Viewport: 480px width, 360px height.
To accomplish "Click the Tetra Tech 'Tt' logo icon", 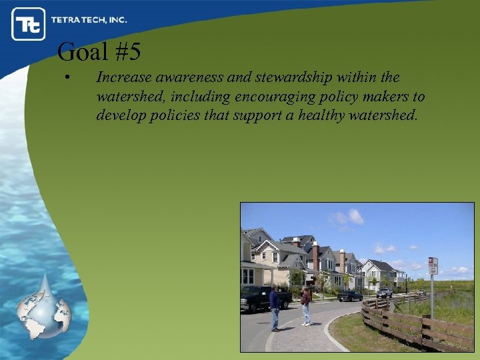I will point(28,24).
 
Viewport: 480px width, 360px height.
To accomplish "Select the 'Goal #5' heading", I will point(99,51).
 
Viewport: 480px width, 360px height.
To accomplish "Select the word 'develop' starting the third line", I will point(118,115).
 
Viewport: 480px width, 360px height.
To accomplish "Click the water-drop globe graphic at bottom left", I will point(44,306).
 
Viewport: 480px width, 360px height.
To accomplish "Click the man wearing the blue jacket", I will point(275,307).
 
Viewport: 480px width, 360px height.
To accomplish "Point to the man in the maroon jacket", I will point(306,305).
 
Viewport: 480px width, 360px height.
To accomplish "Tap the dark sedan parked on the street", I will point(349,295).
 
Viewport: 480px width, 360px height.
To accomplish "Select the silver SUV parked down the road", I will point(384,292).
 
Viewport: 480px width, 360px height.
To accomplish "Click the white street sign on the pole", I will point(433,266).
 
